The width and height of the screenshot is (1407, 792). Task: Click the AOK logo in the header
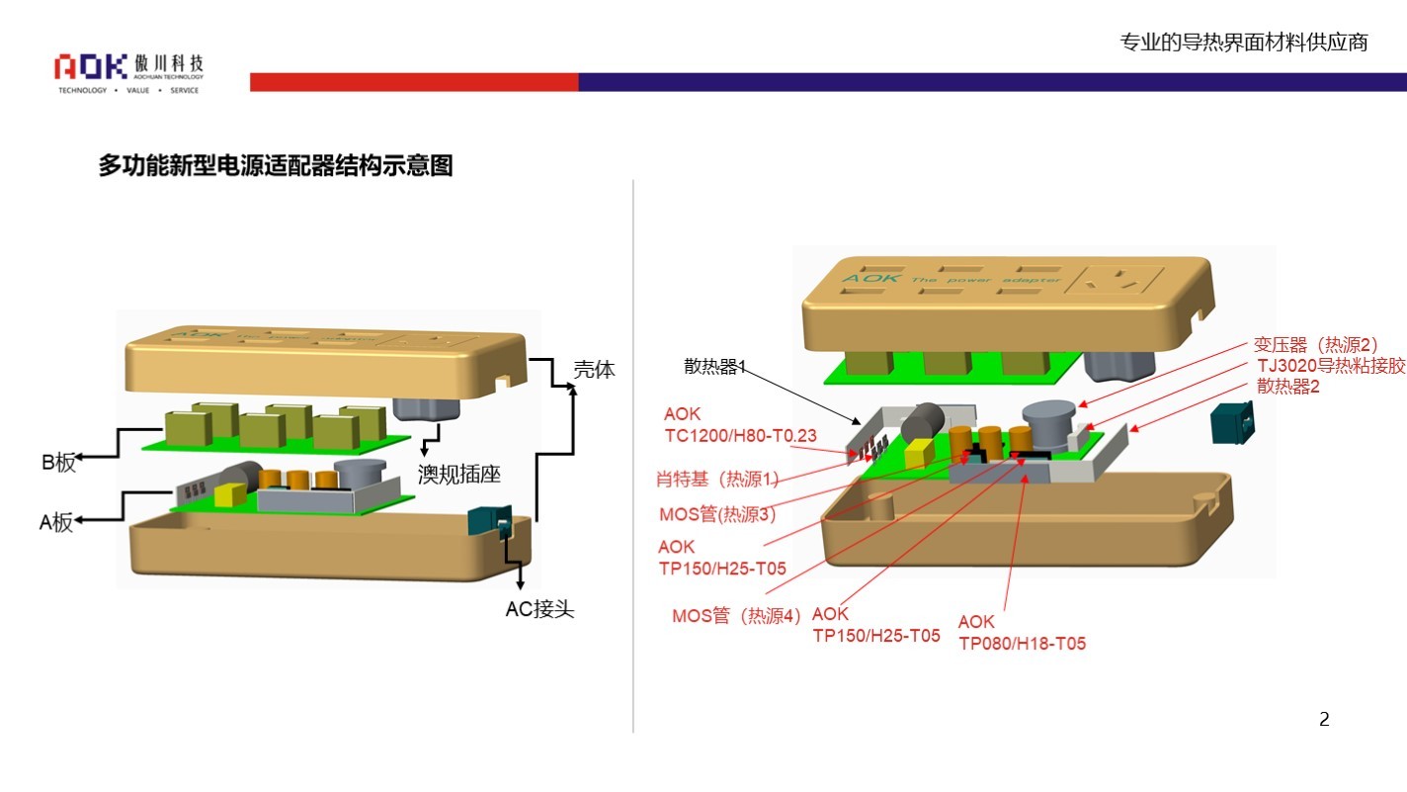coord(91,67)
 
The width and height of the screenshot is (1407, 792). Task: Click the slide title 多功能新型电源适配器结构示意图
coord(275,166)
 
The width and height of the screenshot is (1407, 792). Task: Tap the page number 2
coord(1324,720)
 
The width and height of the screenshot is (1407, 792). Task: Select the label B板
coord(58,463)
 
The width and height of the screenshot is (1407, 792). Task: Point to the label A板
coord(56,523)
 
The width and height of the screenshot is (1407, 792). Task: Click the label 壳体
coord(594,370)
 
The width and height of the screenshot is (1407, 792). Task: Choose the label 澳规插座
coord(458,475)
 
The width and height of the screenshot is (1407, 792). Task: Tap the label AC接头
coord(539,609)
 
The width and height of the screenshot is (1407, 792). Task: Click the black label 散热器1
coord(714,367)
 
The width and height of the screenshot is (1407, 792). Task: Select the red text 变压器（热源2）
coord(1315,345)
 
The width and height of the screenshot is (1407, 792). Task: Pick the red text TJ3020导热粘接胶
coord(1331,366)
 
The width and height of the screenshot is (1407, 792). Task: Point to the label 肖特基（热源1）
coord(717,480)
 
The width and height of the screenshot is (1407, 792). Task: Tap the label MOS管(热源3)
coord(717,514)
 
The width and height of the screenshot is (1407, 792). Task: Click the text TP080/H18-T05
coord(1022,644)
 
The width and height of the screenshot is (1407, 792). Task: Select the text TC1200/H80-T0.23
coord(726,434)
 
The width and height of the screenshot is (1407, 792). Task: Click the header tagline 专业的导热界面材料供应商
coord(1243,43)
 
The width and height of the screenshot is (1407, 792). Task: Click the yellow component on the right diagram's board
coord(919,452)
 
